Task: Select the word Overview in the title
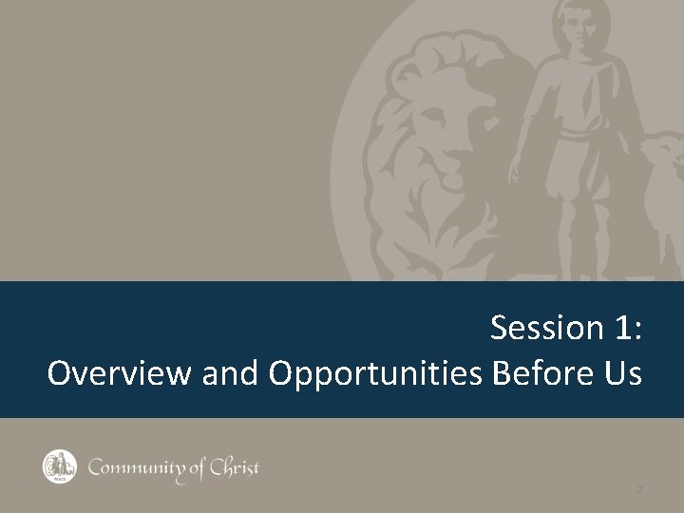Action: pyautogui.click(x=121, y=373)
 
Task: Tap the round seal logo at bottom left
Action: pyautogui.click(x=58, y=465)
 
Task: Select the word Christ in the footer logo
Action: pyautogui.click(x=233, y=466)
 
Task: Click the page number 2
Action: pyautogui.click(x=639, y=489)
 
